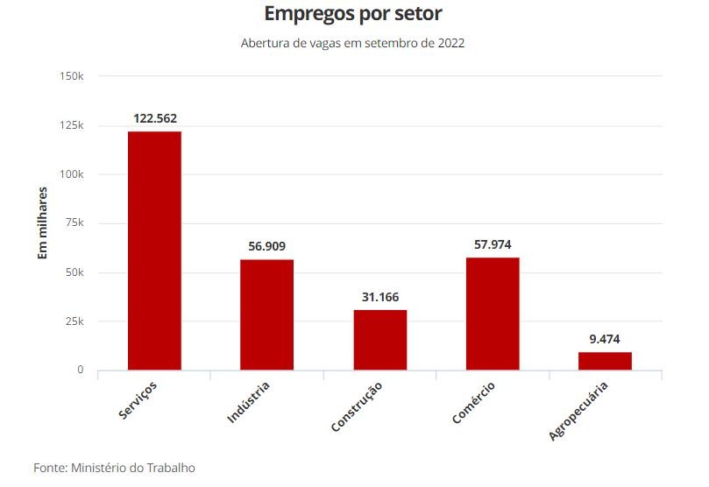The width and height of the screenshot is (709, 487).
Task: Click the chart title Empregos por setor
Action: (353, 15)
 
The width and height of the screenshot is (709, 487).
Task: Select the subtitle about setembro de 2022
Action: (352, 43)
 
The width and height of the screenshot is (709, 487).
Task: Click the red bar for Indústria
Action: (267, 314)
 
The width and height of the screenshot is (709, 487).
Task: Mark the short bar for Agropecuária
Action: (605, 361)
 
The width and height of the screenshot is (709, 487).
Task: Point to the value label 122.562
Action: (155, 117)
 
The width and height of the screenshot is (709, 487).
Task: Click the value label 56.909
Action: (267, 246)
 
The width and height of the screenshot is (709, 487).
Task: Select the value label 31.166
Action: (380, 297)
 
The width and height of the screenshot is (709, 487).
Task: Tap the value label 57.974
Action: (493, 244)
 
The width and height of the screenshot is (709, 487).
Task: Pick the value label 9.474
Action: (605, 339)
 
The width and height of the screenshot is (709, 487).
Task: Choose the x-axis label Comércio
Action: (474, 403)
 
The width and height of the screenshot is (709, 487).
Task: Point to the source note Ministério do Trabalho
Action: (114, 468)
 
